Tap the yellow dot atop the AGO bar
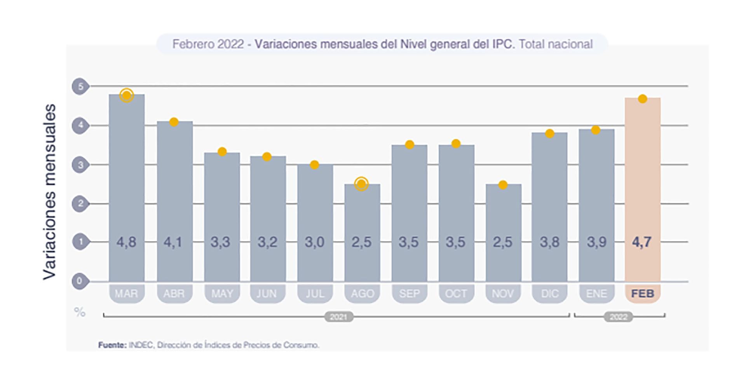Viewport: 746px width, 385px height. coord(361,184)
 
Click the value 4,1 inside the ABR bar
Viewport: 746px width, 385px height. coord(173,242)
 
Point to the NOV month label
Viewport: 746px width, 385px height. coord(503,294)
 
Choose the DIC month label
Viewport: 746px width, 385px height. coord(550,294)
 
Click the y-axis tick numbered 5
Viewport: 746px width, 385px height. coord(80,86)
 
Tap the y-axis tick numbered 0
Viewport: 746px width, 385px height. coord(80,281)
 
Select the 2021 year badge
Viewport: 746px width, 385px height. coord(338,317)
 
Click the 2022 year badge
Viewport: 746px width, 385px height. coord(618,317)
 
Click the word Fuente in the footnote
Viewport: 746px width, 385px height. coord(112,345)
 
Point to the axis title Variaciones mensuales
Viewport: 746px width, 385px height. coord(50,192)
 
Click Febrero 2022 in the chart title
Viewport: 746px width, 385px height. coord(208,44)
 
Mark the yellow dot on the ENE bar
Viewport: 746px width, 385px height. coord(596,130)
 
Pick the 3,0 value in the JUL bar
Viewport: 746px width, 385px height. coord(314,242)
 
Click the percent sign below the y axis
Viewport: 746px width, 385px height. coord(80,312)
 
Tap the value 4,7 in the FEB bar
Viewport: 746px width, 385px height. coord(641,242)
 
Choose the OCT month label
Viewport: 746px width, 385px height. coord(456,294)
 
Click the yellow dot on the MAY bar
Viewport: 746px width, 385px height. coord(222,152)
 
